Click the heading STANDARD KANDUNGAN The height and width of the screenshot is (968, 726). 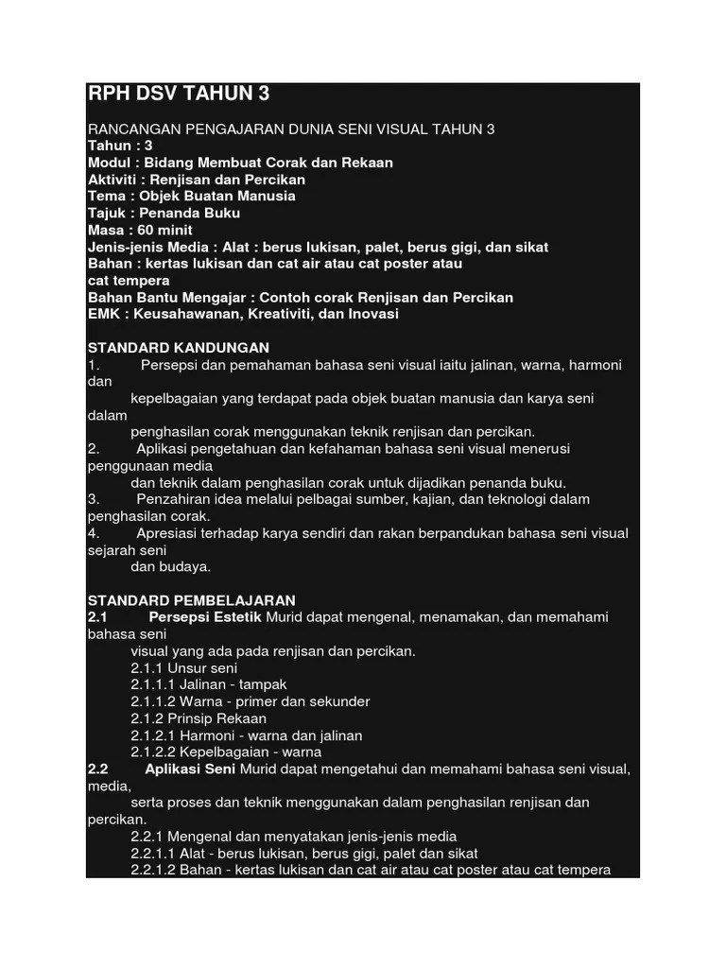pos(179,348)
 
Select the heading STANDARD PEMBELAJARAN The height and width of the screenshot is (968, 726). pos(192,600)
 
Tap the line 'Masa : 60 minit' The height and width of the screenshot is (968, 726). pos(140,230)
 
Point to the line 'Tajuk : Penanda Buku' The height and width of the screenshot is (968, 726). pos(164,213)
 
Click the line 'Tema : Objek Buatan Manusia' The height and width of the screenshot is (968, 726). pos(191,196)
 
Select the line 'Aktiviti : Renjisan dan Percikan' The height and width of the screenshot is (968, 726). pos(197,180)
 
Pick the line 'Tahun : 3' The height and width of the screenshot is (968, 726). pos(120,146)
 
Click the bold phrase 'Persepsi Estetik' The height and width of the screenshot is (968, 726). pos(206,617)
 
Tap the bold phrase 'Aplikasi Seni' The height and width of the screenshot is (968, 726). pos(193,769)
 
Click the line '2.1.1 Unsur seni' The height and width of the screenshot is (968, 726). pos(184,667)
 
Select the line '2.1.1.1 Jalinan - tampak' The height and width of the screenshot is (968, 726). pos(208,684)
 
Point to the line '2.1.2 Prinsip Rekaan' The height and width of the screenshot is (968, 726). pos(199,718)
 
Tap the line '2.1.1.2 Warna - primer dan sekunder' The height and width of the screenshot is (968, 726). pos(250,701)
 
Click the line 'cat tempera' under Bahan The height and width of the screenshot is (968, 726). pos(129,281)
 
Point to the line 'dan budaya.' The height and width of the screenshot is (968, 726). pos(171,567)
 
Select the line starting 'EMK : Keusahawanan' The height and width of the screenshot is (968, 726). pos(243,314)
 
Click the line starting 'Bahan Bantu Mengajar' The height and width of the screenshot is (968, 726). pos(300,297)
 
